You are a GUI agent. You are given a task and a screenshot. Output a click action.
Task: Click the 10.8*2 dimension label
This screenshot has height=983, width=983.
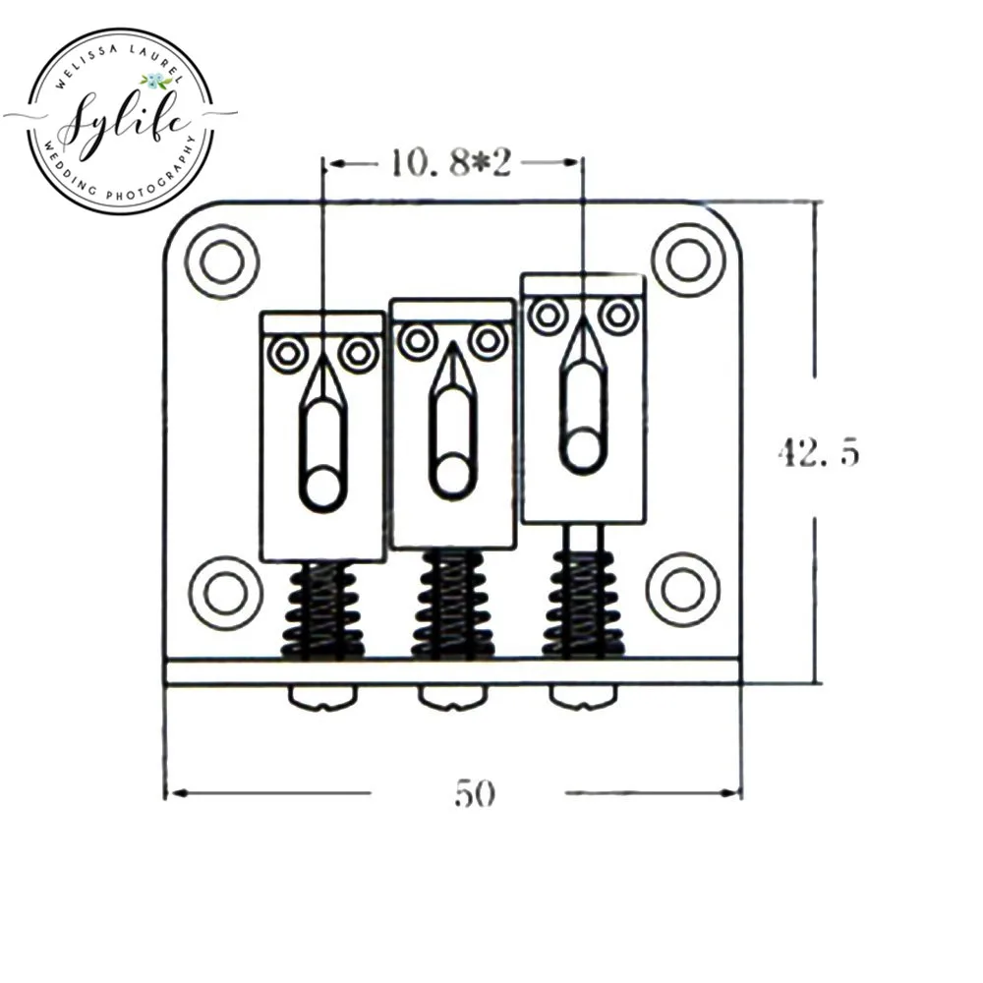[451, 163]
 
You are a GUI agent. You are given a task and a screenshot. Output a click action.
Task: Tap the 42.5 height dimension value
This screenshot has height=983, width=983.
[819, 451]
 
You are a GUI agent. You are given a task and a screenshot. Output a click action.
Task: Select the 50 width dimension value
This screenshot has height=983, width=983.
[475, 793]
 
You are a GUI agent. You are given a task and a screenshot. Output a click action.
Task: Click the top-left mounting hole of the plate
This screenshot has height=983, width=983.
[222, 260]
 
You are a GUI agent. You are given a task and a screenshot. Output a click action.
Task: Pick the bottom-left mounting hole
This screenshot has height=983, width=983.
[225, 593]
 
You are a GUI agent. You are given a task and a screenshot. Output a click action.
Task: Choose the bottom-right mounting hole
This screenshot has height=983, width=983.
[683, 590]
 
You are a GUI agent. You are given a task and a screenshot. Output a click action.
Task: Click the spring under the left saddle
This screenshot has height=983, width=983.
[322, 610]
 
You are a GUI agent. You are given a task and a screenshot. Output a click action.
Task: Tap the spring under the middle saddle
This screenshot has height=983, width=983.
[452, 604]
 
